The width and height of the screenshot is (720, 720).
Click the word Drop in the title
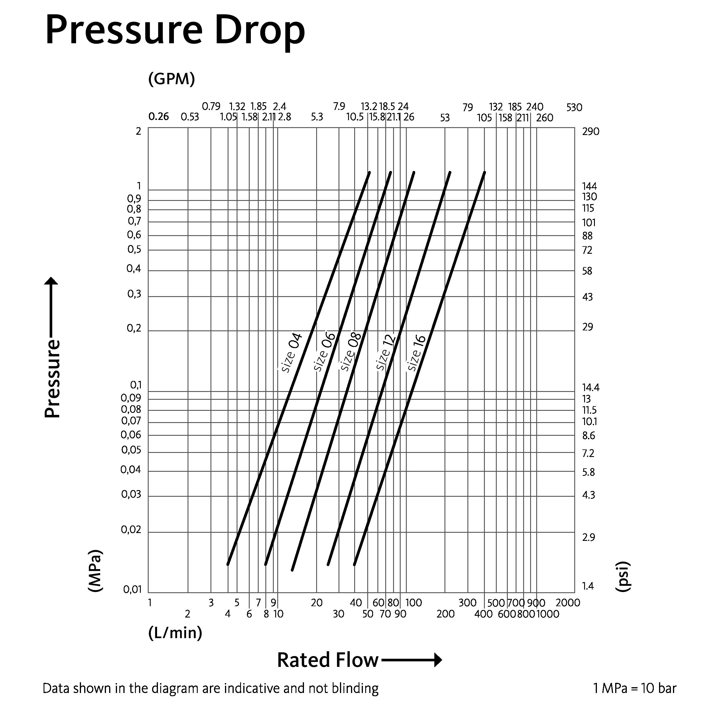(260, 32)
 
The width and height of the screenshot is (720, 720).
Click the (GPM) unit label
(171, 79)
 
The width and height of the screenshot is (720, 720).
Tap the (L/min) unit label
(175, 633)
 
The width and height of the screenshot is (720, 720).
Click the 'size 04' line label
(291, 352)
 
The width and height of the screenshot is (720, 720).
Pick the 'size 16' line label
(416, 352)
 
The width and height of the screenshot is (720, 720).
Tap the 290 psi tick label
(591, 132)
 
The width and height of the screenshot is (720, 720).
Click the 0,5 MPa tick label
(134, 249)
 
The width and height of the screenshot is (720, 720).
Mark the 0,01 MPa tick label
(133, 590)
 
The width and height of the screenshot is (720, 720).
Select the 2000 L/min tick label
(568, 603)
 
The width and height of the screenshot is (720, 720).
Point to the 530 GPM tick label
(574, 108)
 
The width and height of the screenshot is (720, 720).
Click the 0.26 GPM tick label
(159, 117)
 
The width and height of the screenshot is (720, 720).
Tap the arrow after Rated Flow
(412, 660)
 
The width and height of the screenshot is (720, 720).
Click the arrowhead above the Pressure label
(51, 281)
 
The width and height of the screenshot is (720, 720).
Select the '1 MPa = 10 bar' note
(635, 688)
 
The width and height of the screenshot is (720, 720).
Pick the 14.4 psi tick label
(591, 388)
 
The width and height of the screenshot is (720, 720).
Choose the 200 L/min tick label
(445, 614)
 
